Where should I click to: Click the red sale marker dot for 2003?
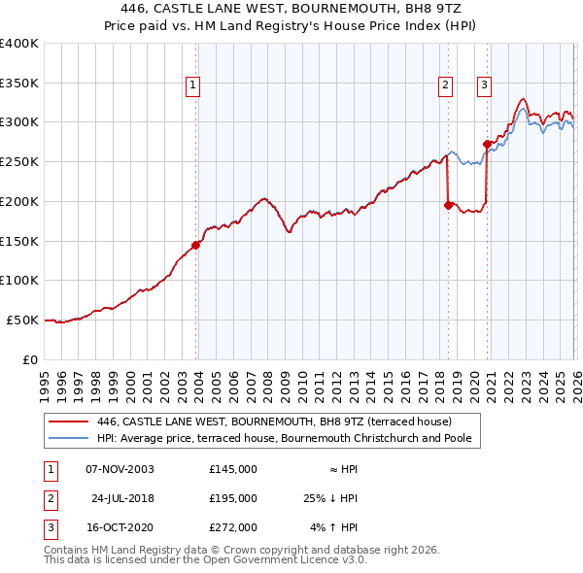click(x=196, y=245)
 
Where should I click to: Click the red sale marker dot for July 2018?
click(x=448, y=205)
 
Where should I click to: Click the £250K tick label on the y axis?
click(x=18, y=161)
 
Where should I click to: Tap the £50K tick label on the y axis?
click(x=21, y=320)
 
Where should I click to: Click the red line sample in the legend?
click(x=68, y=422)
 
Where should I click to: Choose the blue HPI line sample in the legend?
click(x=68, y=439)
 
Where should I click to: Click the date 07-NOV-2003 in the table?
click(x=120, y=468)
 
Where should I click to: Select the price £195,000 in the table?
click(x=233, y=498)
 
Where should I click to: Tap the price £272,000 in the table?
click(x=233, y=528)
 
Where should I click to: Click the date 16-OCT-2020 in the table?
click(x=120, y=528)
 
